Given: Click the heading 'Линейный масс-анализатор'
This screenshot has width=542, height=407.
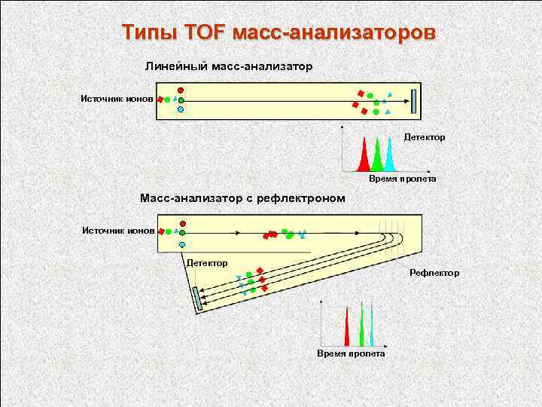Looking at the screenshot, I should click(x=229, y=66).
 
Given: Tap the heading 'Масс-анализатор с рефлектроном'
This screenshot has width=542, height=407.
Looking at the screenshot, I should click(x=242, y=198).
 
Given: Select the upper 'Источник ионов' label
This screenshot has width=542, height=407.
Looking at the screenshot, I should click(x=117, y=99).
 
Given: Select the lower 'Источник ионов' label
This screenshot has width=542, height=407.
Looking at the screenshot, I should click(x=117, y=229).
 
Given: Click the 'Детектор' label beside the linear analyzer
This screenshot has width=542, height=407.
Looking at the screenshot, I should click(x=425, y=137).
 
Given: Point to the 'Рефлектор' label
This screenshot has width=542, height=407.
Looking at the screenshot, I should click(x=434, y=272).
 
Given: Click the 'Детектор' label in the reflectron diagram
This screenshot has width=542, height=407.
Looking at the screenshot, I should click(x=207, y=263).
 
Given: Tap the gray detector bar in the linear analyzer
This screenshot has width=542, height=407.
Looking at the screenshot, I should click(x=414, y=101).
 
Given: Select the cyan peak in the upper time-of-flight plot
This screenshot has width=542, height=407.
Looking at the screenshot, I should click(x=389, y=158).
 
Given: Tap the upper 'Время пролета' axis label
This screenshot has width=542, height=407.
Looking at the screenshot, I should click(x=402, y=179).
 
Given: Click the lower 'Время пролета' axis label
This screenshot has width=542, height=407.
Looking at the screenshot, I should click(x=351, y=353).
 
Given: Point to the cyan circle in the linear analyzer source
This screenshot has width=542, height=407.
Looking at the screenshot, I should click(x=181, y=109).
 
